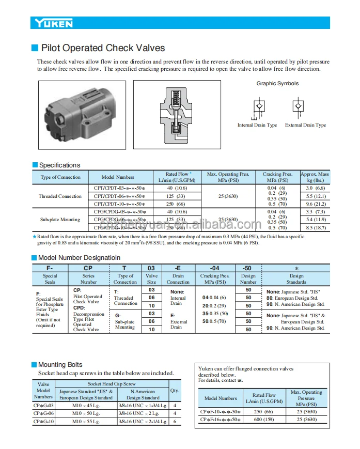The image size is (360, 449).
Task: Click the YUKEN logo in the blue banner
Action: coord(54,23)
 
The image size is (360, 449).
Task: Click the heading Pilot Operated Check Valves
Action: coord(103,48)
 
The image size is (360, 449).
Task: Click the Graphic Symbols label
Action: coord(277,84)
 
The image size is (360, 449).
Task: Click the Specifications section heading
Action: coord(59,165)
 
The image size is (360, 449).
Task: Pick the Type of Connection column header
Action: coord(60,177)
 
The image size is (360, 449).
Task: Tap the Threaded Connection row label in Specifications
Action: coord(60,196)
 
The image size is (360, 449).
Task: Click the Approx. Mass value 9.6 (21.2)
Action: coord(315,204)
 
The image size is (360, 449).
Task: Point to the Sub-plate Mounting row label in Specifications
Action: coord(60,220)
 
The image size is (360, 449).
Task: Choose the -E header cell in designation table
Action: coord(178,268)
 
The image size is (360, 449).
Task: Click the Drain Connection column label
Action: coord(178,279)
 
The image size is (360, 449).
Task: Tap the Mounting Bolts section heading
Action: coord(60,365)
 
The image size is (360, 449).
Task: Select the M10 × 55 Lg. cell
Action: coord(85,422)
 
